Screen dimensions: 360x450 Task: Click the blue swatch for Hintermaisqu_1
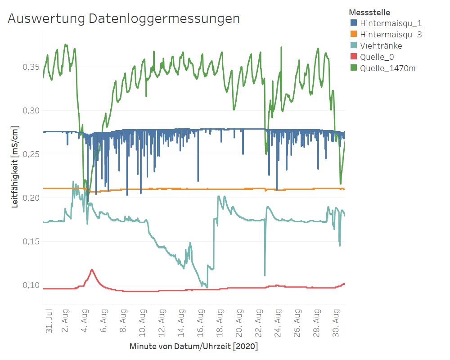coord(354,23)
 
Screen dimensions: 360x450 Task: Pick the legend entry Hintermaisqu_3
coord(391,35)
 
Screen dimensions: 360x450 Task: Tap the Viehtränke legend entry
coord(381,46)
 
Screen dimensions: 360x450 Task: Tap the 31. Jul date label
coord(49,321)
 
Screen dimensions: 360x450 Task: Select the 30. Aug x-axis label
coord(337,321)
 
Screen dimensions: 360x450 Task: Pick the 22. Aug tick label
coord(259,321)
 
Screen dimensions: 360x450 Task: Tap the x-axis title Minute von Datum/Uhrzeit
coord(193,347)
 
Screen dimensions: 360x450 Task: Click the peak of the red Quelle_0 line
coord(92,270)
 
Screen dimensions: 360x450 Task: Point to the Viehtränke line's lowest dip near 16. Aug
coord(207,287)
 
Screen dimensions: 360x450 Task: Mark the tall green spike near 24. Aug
coord(281,48)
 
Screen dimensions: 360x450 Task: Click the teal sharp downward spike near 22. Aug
coord(265,274)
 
